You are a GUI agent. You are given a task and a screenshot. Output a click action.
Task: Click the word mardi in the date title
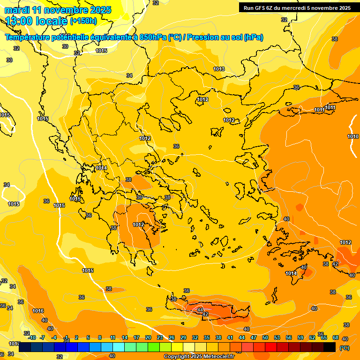tap(17, 10)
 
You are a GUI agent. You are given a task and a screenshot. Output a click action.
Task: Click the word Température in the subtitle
tap(29, 37)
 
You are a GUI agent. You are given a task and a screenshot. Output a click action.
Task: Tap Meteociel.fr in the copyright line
tap(217, 357)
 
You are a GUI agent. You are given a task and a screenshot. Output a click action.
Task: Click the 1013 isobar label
tap(219, 69)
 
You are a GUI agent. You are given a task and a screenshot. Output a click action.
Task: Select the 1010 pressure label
tap(353, 136)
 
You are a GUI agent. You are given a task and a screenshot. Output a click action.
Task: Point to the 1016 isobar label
tap(38, 311)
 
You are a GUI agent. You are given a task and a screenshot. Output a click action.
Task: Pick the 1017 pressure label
tap(14, 344)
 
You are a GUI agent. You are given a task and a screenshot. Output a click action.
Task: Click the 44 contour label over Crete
tap(200, 310)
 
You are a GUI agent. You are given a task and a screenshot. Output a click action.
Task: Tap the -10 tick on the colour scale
tap(32, 337)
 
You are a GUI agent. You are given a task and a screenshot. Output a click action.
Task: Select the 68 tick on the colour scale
tap(336, 337)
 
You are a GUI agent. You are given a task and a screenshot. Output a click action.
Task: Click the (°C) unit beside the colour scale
tap(344, 348)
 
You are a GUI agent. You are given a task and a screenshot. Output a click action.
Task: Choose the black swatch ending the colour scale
tap(330, 347)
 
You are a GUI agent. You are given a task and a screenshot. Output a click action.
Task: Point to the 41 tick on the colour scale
tap(230, 337)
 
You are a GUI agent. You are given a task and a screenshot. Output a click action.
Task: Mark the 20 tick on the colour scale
tap(148, 337)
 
